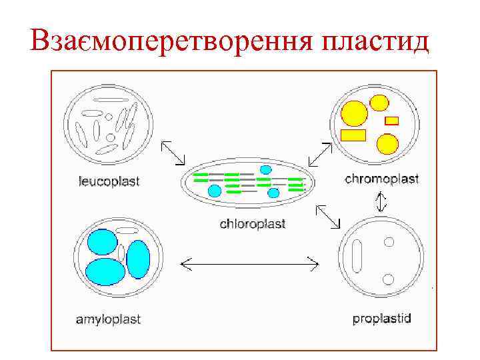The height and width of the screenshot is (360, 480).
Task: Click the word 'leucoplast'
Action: tap(109, 181)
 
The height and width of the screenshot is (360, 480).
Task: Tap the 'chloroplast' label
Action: tap(253, 224)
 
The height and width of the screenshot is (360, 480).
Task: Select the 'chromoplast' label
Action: tap(381, 179)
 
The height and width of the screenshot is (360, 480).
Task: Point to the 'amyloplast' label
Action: tap(108, 319)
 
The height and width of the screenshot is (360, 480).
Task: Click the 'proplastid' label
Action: tap(381, 318)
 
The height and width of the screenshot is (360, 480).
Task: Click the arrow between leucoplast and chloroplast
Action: tap(174, 152)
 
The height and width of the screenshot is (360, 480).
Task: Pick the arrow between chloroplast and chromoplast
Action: tap(321, 153)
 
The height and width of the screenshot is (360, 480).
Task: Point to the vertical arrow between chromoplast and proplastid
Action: tap(381, 201)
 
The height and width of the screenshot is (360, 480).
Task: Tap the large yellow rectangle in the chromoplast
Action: tap(353, 135)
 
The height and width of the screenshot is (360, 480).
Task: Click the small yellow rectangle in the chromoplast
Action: tap(392, 121)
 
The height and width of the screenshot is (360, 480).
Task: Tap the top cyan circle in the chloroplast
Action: tap(265, 169)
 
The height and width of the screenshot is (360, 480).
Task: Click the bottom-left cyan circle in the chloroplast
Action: tap(215, 191)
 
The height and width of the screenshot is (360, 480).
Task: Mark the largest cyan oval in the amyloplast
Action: tap(105, 271)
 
